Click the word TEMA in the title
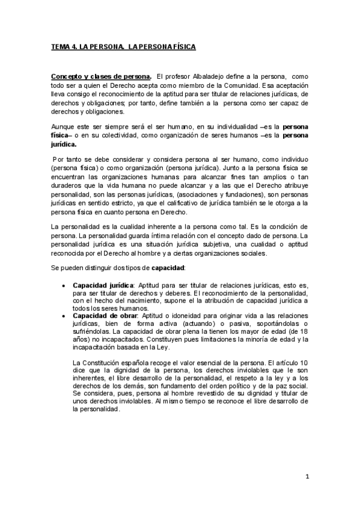click(59, 46)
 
